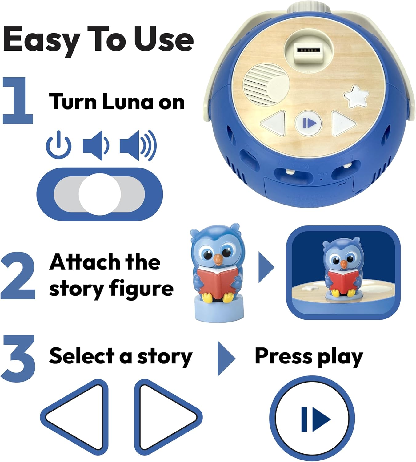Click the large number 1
click(x=19, y=101)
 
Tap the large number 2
click(x=18, y=276)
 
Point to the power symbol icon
click(x=59, y=145)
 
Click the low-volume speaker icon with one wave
click(x=95, y=145)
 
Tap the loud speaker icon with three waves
click(x=138, y=145)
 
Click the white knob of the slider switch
click(x=99, y=194)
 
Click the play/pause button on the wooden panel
click(x=309, y=123)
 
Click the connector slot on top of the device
click(x=308, y=50)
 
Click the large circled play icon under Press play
click(x=312, y=419)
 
